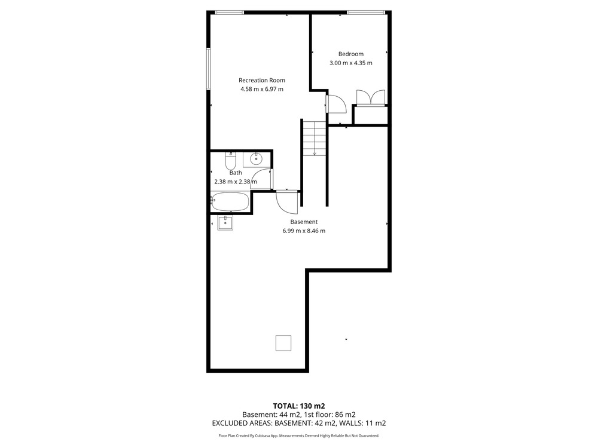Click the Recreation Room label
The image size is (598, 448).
pyautogui.click(x=262, y=80)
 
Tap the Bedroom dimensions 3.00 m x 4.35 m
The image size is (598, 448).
pyautogui.click(x=350, y=63)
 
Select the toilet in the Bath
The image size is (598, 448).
pyautogui.click(x=230, y=161)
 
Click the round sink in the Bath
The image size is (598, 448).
pyautogui.click(x=256, y=159)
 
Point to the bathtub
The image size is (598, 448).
pyautogui.click(x=230, y=201)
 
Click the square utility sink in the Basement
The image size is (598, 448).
pyautogui.click(x=225, y=223)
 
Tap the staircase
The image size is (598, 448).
pyautogui.click(x=315, y=138)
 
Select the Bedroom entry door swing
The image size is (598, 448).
pyautogui.click(x=336, y=103)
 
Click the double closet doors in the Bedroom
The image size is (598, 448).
pyautogui.click(x=371, y=97)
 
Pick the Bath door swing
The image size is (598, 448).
pyautogui.click(x=262, y=179)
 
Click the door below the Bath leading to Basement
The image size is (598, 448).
pyautogui.click(x=287, y=202)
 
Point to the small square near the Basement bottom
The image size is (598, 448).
pyautogui.click(x=283, y=343)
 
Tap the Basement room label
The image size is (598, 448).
pyautogui.click(x=304, y=222)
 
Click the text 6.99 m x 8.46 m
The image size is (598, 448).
pyautogui.click(x=304, y=231)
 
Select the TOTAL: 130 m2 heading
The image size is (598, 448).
pyautogui.click(x=298, y=406)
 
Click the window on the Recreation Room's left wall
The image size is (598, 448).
pyautogui.click(x=209, y=69)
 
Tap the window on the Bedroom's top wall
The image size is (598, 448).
pyautogui.click(x=366, y=13)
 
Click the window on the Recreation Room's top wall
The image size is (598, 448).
pyautogui.click(x=229, y=13)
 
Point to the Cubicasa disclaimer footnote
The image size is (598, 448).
pyautogui.click(x=298, y=435)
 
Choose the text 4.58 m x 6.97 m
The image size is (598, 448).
pyautogui.click(x=262, y=89)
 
